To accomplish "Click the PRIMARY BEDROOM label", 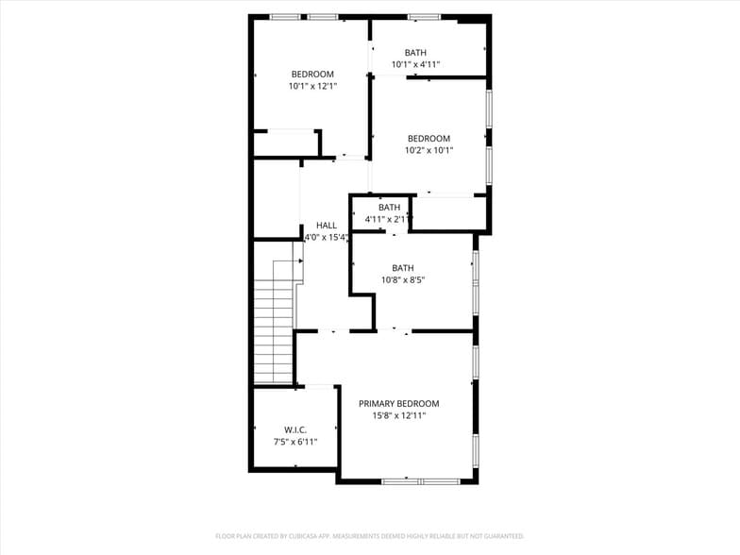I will click(398, 403).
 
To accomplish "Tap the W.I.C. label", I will click(295, 429).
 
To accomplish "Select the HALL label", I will click(327, 226).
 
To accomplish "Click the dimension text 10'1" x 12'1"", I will click(312, 86).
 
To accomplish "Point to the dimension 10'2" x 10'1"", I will click(429, 150).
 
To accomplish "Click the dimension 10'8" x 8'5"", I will click(403, 279).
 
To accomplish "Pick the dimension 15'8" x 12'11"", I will click(398, 415).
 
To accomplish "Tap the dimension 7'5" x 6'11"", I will click(295, 442).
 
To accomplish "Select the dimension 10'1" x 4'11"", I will click(415, 65).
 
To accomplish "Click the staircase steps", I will click(274, 321).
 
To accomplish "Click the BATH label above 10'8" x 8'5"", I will click(403, 268).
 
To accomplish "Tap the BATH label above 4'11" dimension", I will click(389, 208).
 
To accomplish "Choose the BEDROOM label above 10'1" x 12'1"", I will click(312, 75).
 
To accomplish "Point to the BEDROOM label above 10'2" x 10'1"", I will click(429, 139).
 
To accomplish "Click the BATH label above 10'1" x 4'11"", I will click(415, 53).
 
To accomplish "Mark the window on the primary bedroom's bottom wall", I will click(420, 481).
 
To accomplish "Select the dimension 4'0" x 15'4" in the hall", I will click(321, 238).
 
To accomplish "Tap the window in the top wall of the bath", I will click(424, 16).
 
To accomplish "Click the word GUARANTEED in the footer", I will click(505, 536).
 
